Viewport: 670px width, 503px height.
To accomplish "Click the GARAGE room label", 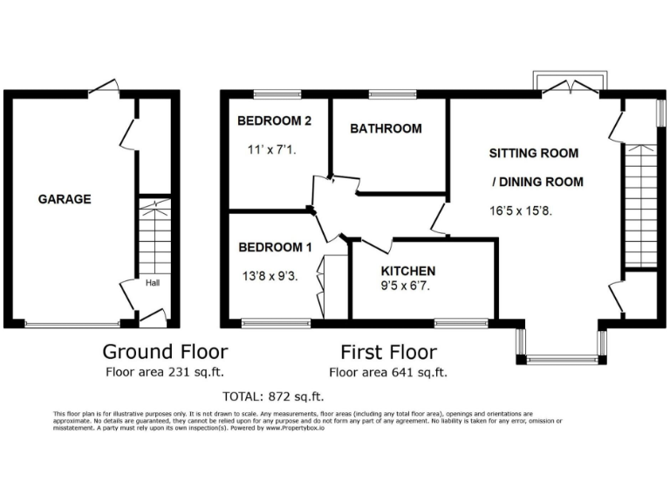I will pos(65,199).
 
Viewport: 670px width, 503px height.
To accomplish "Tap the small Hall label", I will pos(152,283).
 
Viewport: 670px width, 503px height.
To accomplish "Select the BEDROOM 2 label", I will pos(275,121).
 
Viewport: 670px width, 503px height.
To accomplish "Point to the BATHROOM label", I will pos(386,128).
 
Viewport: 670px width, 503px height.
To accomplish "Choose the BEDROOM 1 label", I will pos(275,247).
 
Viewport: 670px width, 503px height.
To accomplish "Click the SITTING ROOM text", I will pos(533,153).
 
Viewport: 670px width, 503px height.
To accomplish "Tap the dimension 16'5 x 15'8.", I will pos(523,210).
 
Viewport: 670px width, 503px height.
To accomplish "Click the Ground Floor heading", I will pos(165,352).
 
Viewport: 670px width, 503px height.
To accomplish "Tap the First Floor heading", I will pos(388,352).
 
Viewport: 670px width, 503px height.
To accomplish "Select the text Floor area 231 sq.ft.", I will pos(165,372).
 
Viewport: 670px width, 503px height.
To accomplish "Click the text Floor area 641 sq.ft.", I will pos(388,372).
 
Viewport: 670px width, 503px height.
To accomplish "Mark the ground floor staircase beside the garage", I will pos(154,236).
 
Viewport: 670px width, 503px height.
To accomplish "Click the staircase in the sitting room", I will pos(639,205).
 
